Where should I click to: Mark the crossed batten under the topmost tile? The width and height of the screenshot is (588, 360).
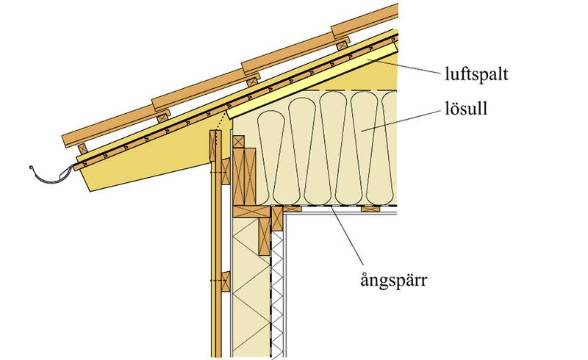tap(344, 40)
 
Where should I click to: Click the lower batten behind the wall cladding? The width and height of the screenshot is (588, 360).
tap(224, 280)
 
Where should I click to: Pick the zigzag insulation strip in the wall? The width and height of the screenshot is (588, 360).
tap(277, 294)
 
